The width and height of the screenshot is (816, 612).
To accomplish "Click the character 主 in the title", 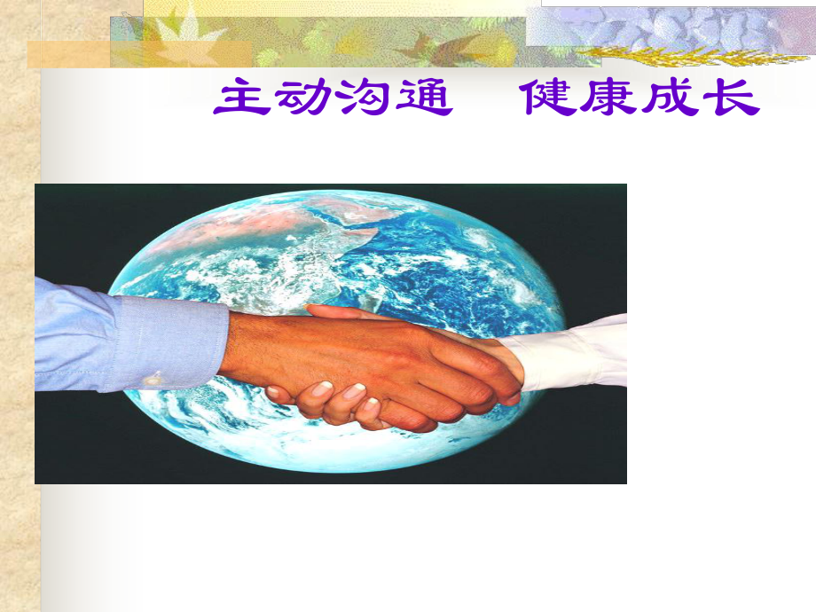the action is tap(242, 97).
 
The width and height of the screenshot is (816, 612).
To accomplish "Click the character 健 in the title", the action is tap(550, 97).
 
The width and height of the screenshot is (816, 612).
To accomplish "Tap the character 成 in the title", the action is tap(671, 97).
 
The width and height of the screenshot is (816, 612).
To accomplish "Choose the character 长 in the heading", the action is tap(731, 97).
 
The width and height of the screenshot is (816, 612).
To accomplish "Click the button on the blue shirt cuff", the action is tap(153, 379).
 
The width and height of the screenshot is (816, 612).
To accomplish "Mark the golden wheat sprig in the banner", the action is tap(692, 56).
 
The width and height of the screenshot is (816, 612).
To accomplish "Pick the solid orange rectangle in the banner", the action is tap(68, 55).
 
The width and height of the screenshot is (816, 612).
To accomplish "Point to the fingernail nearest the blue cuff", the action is tap(274, 391).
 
